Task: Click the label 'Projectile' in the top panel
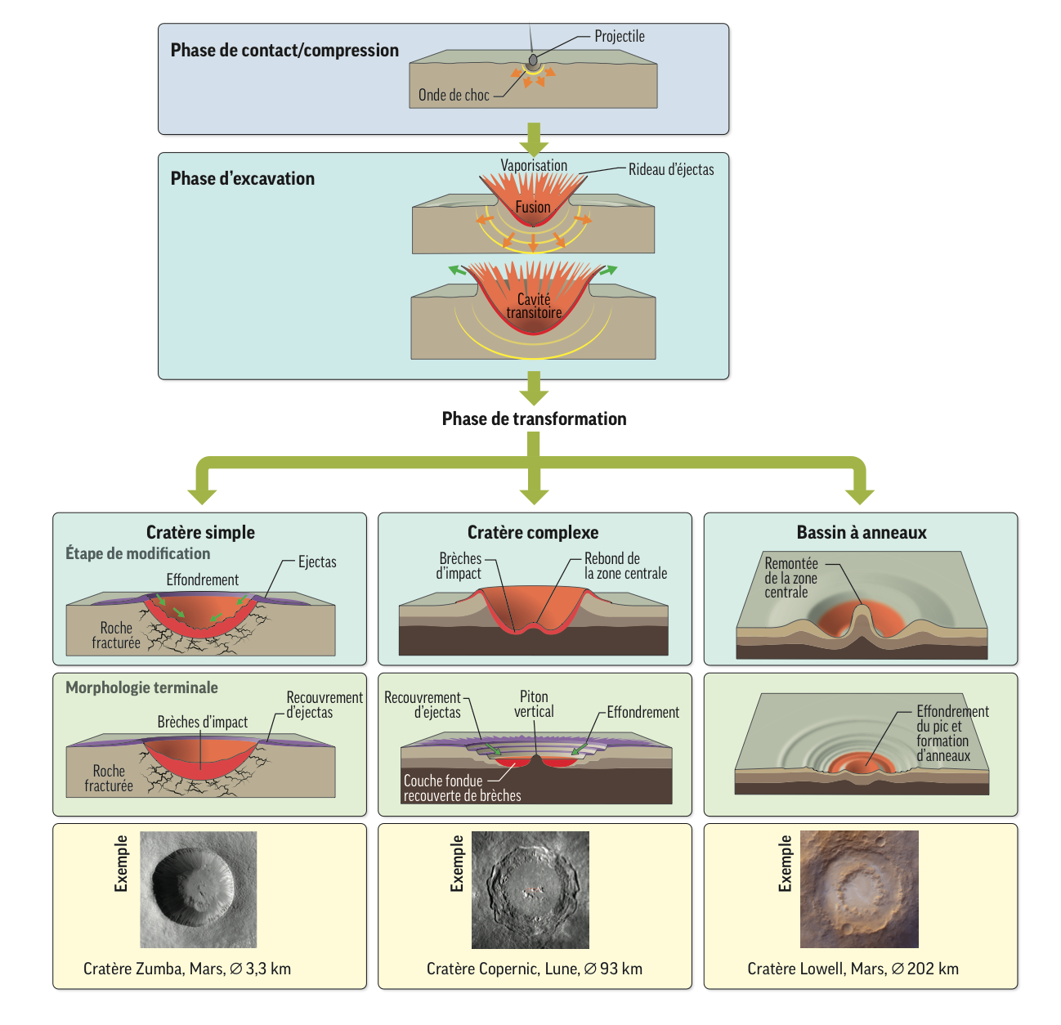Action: [619, 37]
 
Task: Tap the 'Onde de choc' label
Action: [454, 95]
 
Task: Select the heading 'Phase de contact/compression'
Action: [284, 51]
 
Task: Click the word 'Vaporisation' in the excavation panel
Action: [534, 165]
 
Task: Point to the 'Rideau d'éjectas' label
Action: [670, 170]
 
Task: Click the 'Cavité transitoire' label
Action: [534, 306]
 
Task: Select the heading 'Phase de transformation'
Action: [534, 419]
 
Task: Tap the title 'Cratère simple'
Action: [200, 533]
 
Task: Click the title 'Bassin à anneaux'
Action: [862, 533]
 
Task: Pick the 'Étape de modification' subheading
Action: [137, 553]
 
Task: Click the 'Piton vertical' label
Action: [534, 704]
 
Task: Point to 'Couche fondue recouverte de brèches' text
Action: [461, 788]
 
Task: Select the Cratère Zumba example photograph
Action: [199, 889]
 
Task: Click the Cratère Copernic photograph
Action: [530, 889]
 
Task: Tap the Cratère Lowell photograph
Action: [859, 889]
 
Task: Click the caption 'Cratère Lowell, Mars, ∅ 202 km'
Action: [853, 969]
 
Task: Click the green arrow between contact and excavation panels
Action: [534, 140]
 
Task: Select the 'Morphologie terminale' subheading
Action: [141, 687]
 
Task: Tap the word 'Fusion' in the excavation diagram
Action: [533, 208]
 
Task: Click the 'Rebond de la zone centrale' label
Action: [625, 566]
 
